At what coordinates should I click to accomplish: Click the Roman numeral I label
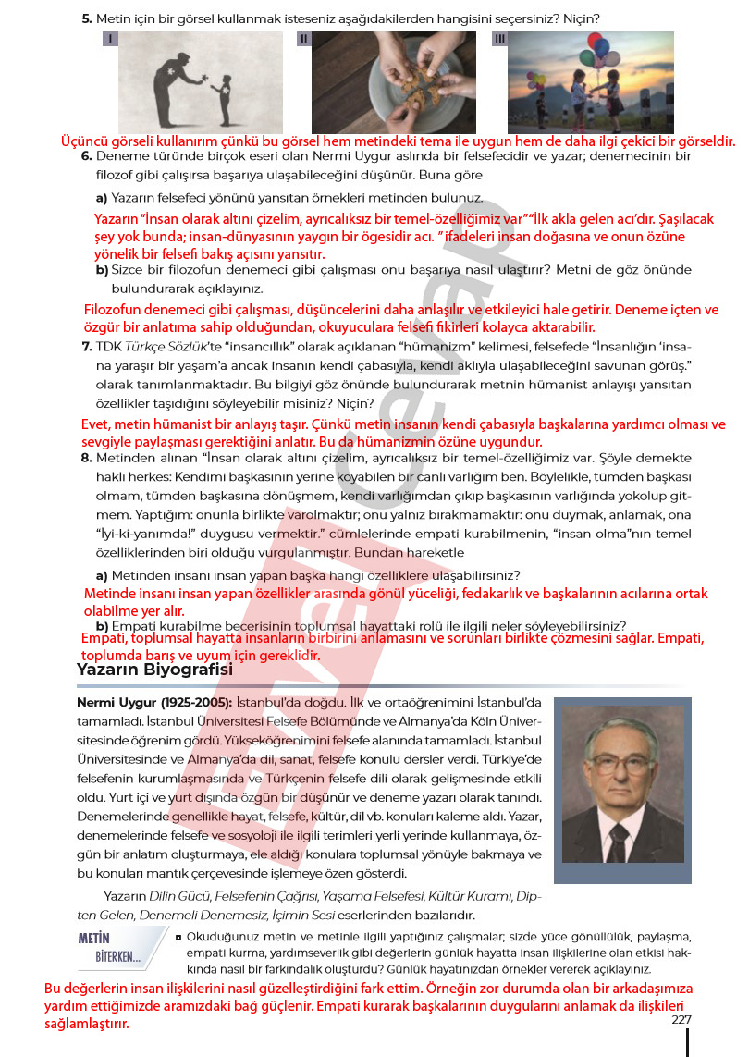coord(110,39)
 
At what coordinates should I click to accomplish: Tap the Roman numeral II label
coord(303,39)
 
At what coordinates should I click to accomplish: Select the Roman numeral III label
coord(499,39)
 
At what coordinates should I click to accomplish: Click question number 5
coord(86,18)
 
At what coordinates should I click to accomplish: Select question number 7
coord(86,347)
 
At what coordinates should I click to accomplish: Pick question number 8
coord(86,458)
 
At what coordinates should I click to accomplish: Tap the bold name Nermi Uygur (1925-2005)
coord(155,703)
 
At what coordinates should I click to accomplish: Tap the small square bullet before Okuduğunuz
coord(177,937)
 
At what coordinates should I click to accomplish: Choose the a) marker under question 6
coord(102,198)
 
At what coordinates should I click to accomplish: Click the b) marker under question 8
coord(102,625)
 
